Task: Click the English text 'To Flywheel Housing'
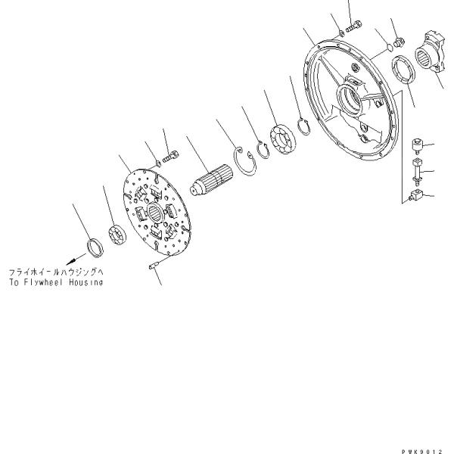[55, 281]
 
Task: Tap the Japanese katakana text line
[55, 272]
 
